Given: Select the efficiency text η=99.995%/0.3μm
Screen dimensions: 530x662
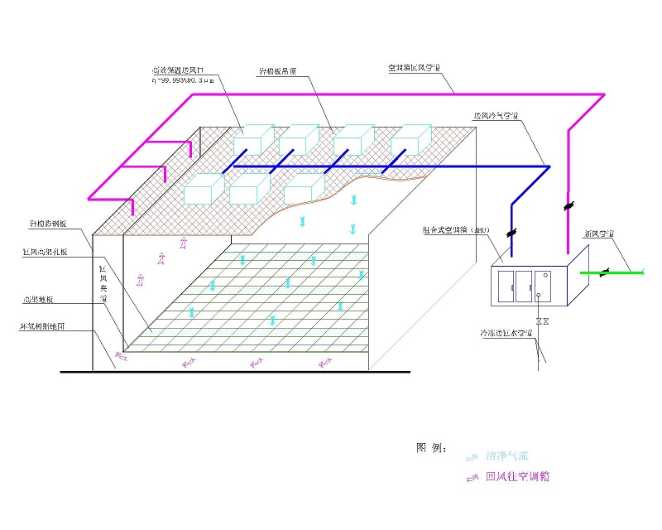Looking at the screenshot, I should click(x=185, y=80).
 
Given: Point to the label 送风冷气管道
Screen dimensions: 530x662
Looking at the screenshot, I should click(x=496, y=116).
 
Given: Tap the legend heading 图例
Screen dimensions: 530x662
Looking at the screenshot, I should click(x=431, y=448).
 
